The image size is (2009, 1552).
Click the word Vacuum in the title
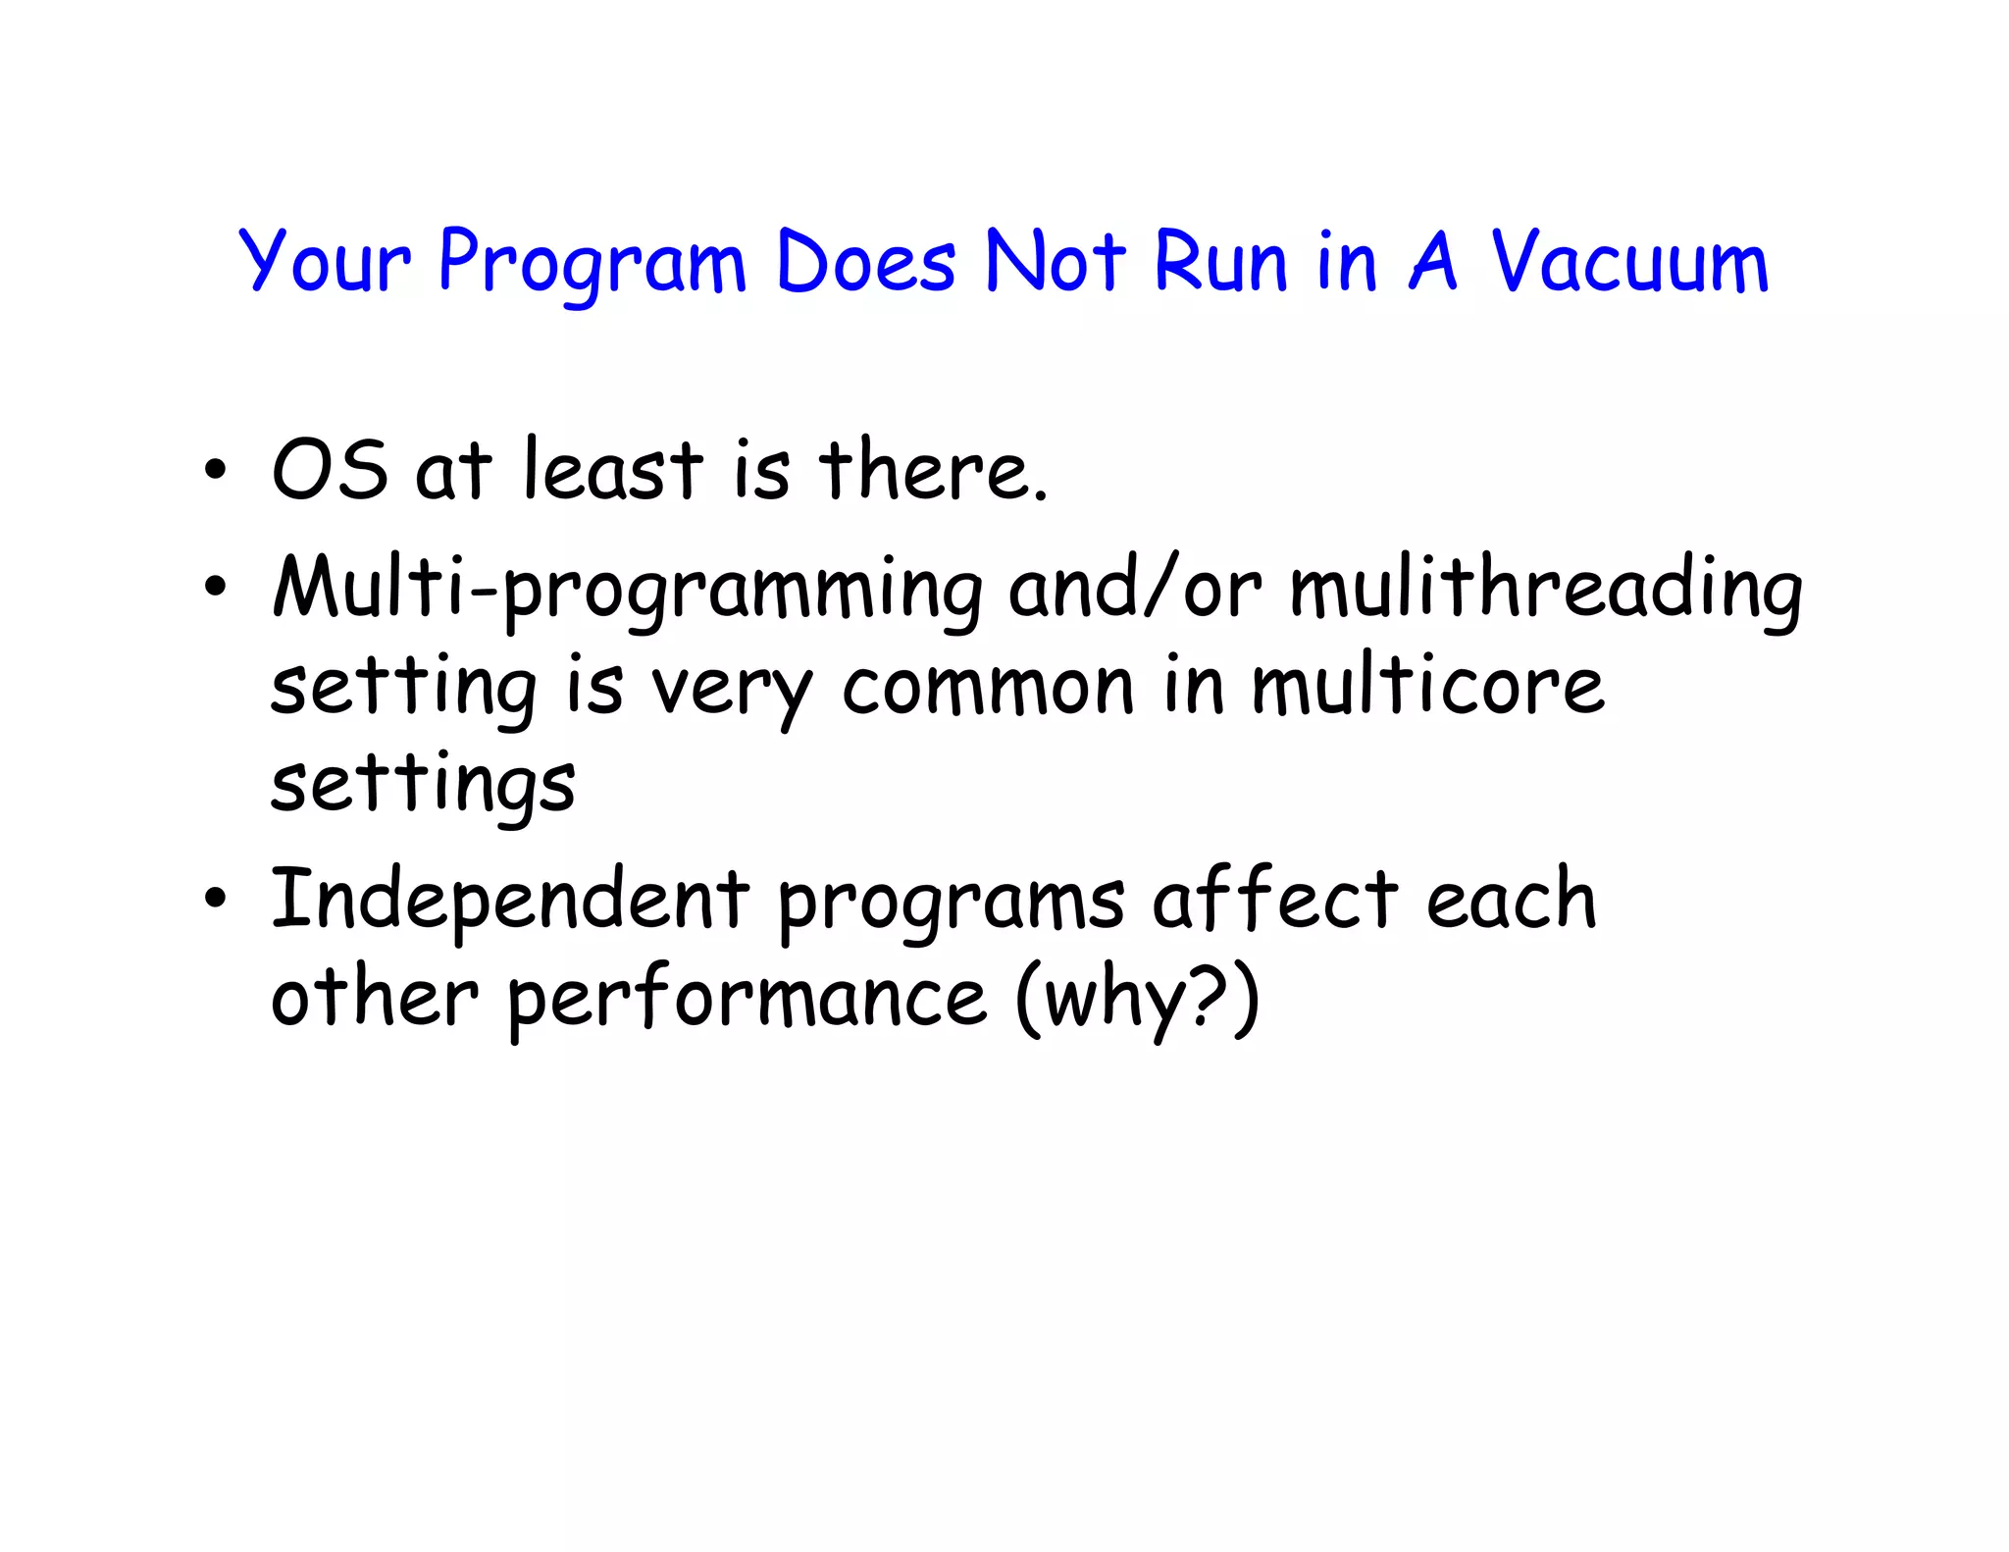coord(1629,262)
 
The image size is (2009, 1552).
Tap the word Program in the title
coord(592,262)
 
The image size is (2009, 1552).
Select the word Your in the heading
coord(324,262)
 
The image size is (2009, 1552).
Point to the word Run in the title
coord(1219,262)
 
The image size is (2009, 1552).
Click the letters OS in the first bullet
coord(330,470)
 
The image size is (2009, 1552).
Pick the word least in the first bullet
coord(613,470)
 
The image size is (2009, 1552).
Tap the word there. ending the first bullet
coord(933,470)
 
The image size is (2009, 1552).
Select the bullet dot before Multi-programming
coord(215,588)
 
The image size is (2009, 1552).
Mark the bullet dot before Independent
coord(215,898)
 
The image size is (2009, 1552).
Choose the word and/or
coord(1135,589)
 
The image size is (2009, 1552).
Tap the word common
coord(988,687)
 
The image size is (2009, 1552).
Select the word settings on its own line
coord(423,785)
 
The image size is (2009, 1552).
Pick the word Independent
coord(510,900)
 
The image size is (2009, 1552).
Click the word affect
coord(1274,900)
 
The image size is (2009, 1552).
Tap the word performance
coord(747,999)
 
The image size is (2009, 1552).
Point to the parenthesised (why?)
coord(1137,999)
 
